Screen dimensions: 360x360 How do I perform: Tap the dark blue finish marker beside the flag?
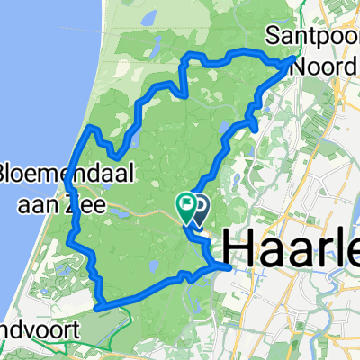tap(198, 210)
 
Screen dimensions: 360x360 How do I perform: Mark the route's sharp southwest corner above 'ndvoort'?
tap(98, 307)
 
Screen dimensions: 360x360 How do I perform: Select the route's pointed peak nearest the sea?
tap(91, 131)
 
